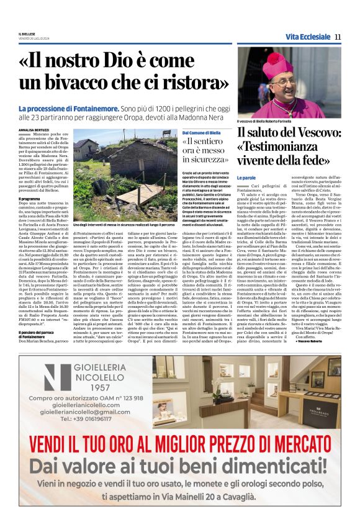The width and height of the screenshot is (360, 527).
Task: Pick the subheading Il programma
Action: click(30, 198)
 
